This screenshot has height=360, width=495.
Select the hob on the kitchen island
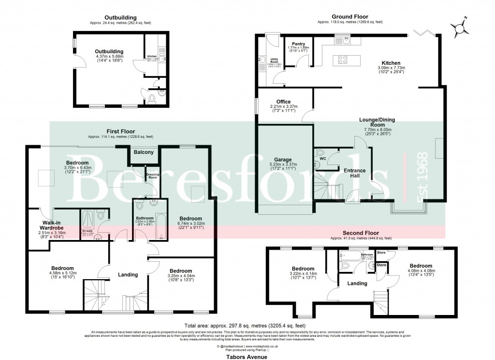click(x=343, y=60)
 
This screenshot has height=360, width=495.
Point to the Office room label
click(x=283, y=102)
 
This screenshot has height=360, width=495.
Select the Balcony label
click(x=144, y=152)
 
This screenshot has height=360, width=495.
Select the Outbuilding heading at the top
click(x=109, y=18)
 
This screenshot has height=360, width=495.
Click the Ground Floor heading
click(x=350, y=17)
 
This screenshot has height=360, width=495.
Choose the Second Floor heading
click(x=361, y=233)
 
